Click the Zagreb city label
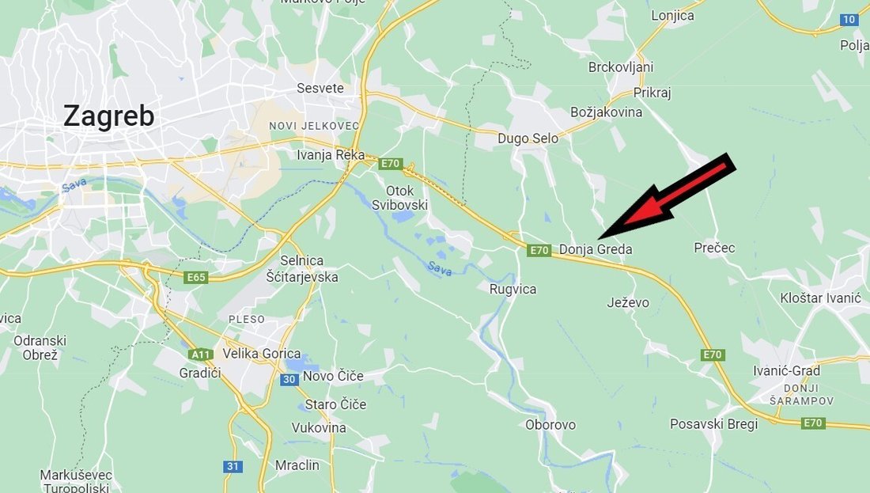coord(108,116)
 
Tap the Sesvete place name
coord(320,88)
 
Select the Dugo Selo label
coord(528,138)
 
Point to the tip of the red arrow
coord(601,237)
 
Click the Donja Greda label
coord(596,250)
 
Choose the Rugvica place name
coord(513,290)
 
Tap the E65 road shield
coord(195,278)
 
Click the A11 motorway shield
coord(202,354)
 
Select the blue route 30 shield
coord(289,380)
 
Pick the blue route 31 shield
coord(233,466)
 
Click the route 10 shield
coord(849,20)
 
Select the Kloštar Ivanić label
coord(819,298)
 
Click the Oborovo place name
coord(550,425)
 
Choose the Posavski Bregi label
coord(713,424)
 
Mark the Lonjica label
coord(672,16)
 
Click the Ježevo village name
coord(628,302)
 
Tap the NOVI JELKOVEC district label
coord(314,126)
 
